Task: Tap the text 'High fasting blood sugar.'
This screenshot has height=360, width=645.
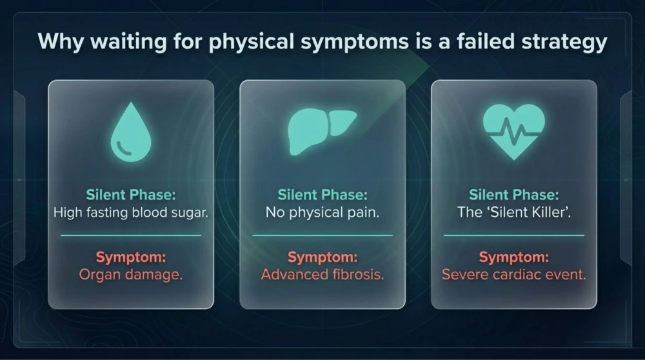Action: coord(131,213)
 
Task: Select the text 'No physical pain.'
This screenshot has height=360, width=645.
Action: coord(322,213)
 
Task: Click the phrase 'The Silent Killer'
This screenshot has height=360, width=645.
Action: coord(514,212)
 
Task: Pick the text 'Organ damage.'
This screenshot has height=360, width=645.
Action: coord(131,274)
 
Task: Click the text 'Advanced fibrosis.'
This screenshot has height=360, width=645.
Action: coord(322,274)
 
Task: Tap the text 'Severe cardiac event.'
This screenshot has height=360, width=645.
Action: coord(514,274)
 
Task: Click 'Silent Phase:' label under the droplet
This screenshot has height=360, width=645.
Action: coord(131,195)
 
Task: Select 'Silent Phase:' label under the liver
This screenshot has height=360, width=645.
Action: coord(322,195)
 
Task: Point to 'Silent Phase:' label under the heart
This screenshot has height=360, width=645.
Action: coord(514,195)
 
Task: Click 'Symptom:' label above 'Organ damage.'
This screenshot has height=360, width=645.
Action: coord(131,257)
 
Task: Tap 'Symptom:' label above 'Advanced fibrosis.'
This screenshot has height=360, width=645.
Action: coord(322,257)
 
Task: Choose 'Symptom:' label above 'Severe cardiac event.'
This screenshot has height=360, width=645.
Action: coord(514,257)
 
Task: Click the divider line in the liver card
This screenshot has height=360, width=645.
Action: coord(322,235)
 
